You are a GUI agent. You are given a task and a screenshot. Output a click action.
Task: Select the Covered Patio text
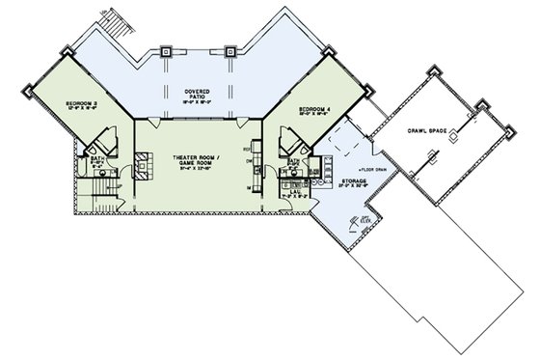[200, 93]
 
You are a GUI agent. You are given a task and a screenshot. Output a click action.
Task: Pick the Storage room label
[355, 181]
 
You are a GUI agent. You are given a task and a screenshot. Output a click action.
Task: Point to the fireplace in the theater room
[142, 166]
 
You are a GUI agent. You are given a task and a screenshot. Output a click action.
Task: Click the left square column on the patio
[168, 50]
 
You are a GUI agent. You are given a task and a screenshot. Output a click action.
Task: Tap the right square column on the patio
[230, 50]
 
